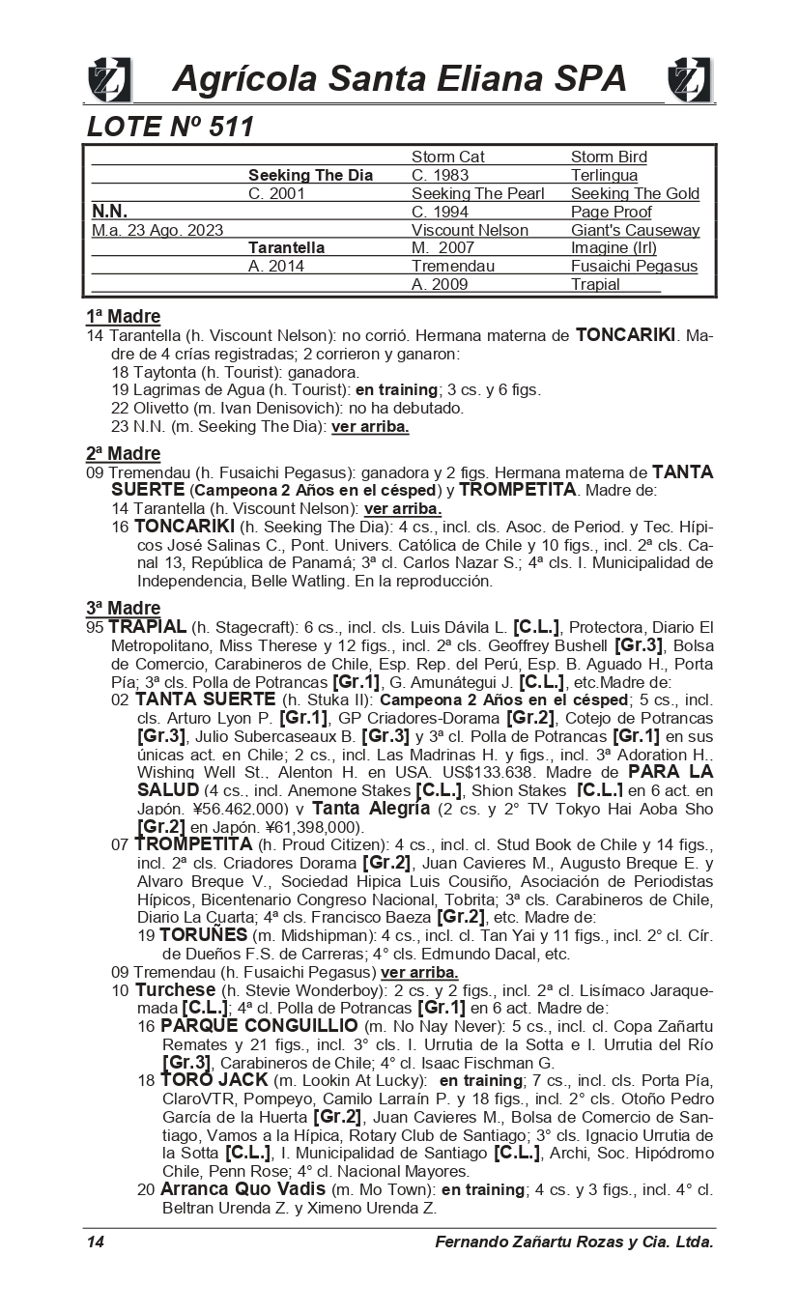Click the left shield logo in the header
pyautogui.click(x=109, y=79)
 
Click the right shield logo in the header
pyautogui.click(x=689, y=79)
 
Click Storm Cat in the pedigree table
pyautogui.click(x=447, y=157)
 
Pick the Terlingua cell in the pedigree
pyautogui.click(x=604, y=175)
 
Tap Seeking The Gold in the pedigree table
pyautogui.click(x=635, y=193)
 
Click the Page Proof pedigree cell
pyautogui.click(x=611, y=212)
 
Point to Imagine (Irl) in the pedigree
pyautogui.click(x=614, y=248)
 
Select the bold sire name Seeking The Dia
pyautogui.click(x=310, y=175)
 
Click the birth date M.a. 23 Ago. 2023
pyautogui.click(x=157, y=230)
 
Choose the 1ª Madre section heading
pyautogui.click(x=123, y=317)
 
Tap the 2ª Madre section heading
pyautogui.click(x=123, y=453)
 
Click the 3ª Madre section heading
pyautogui.click(x=123, y=608)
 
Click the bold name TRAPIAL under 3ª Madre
pyautogui.click(x=148, y=627)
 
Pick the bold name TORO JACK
pyautogui.click(x=200, y=1079)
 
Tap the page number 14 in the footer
pyautogui.click(x=95, y=1242)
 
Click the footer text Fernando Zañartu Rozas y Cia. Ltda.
pyautogui.click(x=574, y=1242)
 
